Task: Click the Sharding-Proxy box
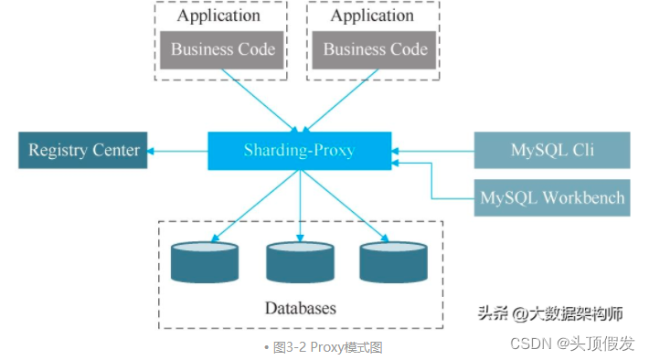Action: click(x=300, y=150)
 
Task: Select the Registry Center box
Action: click(x=84, y=150)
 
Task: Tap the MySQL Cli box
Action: click(x=551, y=150)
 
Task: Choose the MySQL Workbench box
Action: click(x=551, y=197)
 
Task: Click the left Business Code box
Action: click(x=222, y=49)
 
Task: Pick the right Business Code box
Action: click(x=375, y=49)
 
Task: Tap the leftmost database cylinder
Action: click(x=206, y=261)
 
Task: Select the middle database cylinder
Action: click(x=300, y=261)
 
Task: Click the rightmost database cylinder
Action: click(x=393, y=261)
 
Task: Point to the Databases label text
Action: click(x=300, y=308)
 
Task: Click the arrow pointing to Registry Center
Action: click(x=179, y=150)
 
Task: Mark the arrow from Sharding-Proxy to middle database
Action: click(x=300, y=206)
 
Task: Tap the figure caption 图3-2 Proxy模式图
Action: click(x=326, y=347)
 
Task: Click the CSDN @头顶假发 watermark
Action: click(x=571, y=344)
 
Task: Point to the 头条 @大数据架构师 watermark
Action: click(x=550, y=313)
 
